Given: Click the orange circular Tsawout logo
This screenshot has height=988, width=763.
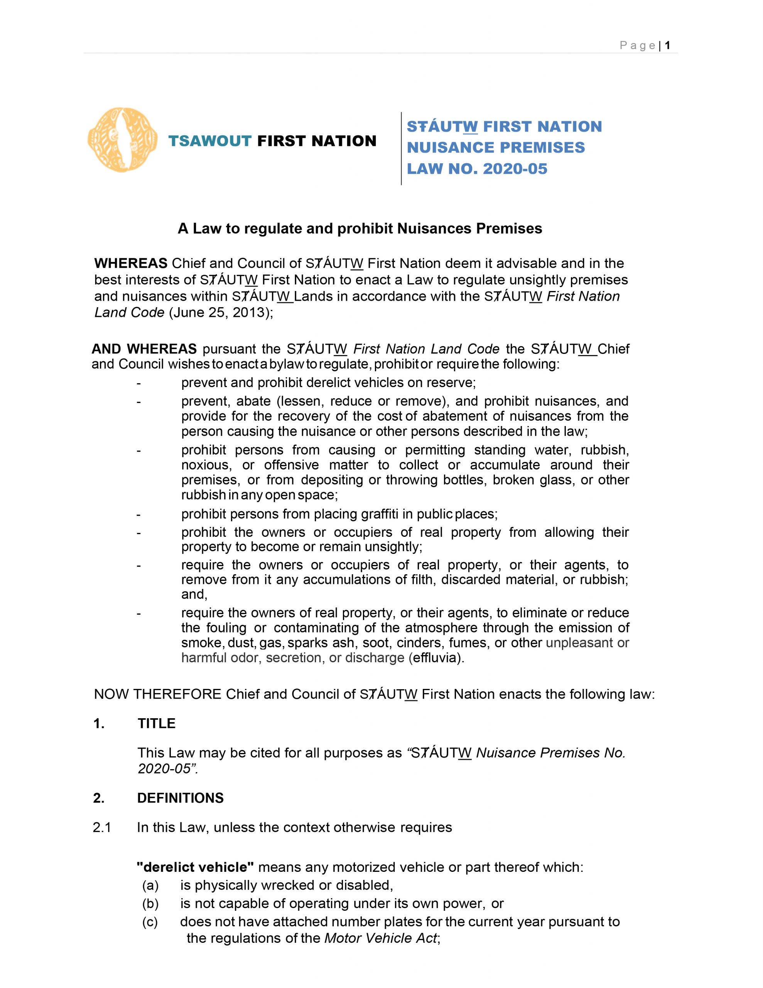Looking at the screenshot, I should (x=123, y=140).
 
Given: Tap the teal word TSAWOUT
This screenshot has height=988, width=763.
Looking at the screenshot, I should (x=210, y=141).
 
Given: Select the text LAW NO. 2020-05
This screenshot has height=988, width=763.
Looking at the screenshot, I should (x=477, y=169).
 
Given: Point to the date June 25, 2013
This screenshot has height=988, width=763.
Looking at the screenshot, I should (x=220, y=313).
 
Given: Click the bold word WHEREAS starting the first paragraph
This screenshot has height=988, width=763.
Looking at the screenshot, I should (x=131, y=263).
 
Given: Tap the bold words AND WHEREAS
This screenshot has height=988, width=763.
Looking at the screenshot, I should (x=144, y=349).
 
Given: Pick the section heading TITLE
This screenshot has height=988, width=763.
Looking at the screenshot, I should (x=157, y=723).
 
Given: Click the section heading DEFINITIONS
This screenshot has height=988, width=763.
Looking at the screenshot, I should (x=180, y=798).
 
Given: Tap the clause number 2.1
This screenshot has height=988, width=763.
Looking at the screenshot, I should (x=102, y=827).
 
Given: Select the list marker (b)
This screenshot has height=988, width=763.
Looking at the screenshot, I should (x=150, y=903).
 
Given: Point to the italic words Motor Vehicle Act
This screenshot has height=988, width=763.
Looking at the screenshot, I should (x=381, y=938).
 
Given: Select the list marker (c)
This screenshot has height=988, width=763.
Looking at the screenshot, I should (x=150, y=922).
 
